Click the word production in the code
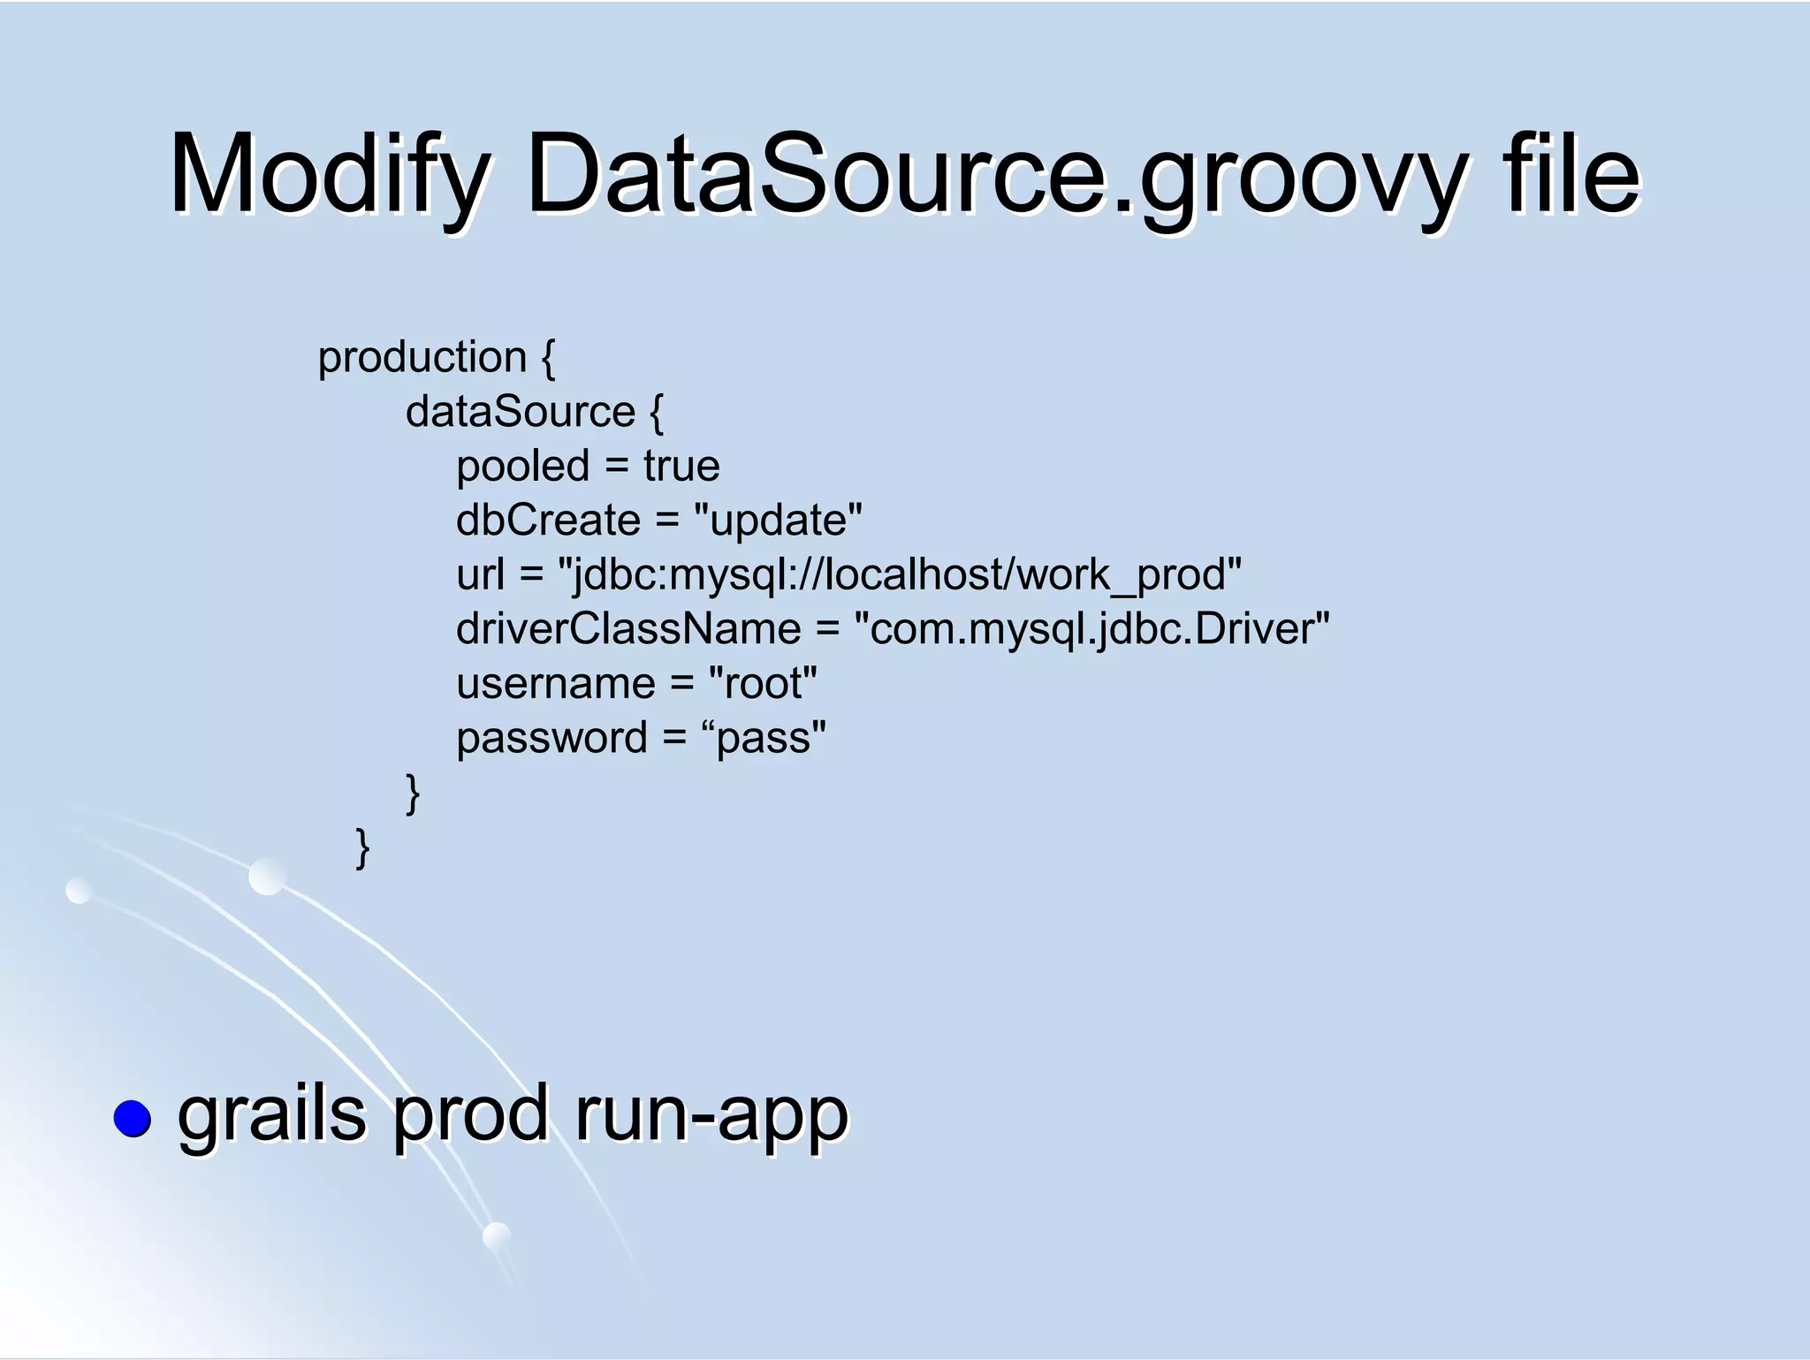pyautogui.click(x=422, y=358)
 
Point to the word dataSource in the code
pyautogui.click(x=520, y=412)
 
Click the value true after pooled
pyautogui.click(x=681, y=466)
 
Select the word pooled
pyautogui.click(x=522, y=466)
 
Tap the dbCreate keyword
pyautogui.click(x=548, y=520)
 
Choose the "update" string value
pyautogui.click(x=778, y=520)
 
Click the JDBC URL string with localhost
pyautogui.click(x=900, y=575)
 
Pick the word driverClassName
pyautogui.click(x=628, y=629)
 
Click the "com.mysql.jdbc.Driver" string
pyautogui.click(x=1091, y=629)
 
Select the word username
pyautogui.click(x=556, y=684)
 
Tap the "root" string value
pyautogui.click(x=764, y=684)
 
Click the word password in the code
pyautogui.click(x=552, y=739)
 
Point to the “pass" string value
pyautogui.click(x=764, y=739)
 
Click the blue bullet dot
pyautogui.click(x=133, y=1118)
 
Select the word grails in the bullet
pyautogui.click(x=272, y=1115)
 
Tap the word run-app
pyautogui.click(x=711, y=1115)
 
